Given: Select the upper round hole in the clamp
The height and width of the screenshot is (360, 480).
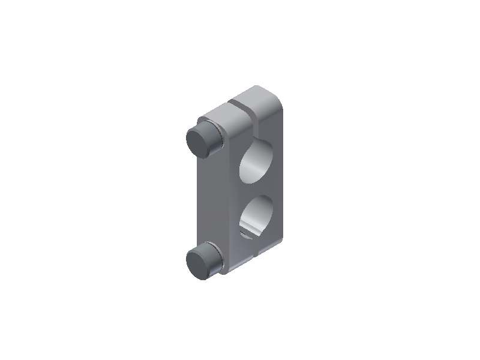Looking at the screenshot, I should pos(259,161).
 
